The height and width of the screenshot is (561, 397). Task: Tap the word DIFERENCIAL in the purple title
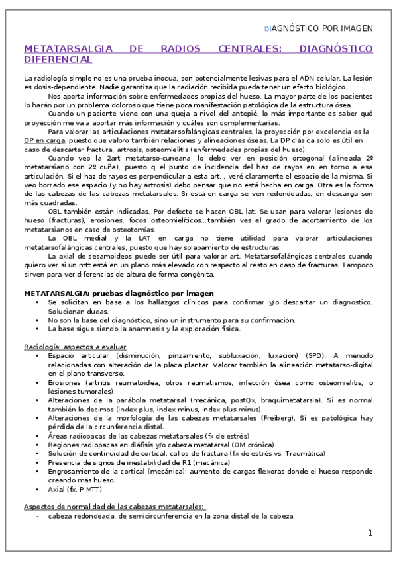(58, 60)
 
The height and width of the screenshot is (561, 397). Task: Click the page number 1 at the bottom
(370, 533)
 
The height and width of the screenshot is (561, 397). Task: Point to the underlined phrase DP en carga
(44, 141)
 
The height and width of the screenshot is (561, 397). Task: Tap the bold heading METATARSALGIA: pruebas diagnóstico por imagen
(119, 292)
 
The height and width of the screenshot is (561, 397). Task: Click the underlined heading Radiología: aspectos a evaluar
(75, 347)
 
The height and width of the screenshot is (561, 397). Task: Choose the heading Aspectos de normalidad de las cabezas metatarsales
(114, 506)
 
